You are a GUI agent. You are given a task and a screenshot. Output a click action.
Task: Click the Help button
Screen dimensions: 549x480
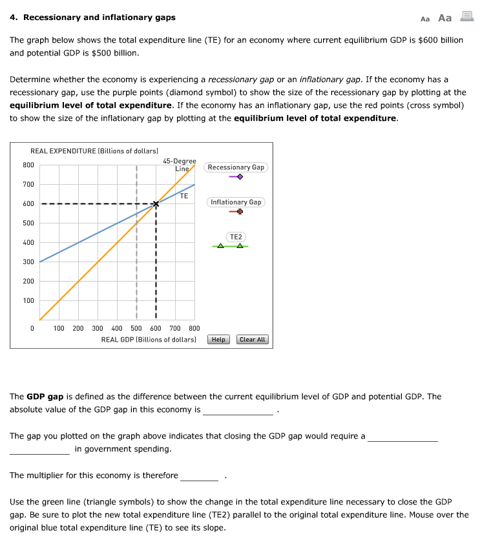click(219, 340)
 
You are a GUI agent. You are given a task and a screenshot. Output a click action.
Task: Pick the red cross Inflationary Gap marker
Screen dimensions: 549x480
click(240, 212)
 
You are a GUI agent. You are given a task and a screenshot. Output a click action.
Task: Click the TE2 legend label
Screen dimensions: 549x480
click(236, 237)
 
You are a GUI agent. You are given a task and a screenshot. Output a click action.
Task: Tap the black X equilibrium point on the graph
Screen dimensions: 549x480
click(156, 204)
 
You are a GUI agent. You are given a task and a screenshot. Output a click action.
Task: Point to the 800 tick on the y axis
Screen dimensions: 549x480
click(28, 165)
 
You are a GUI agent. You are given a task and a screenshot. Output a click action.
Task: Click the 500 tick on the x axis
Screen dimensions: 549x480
click(136, 329)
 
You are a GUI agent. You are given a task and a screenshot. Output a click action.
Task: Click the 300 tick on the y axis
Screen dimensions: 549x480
click(28, 262)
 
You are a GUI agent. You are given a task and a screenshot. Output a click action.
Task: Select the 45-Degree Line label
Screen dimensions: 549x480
click(179, 165)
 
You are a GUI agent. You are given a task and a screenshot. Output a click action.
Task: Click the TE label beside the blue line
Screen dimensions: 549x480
click(184, 195)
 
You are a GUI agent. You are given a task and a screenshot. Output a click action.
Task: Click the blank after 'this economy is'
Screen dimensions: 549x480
click(238, 410)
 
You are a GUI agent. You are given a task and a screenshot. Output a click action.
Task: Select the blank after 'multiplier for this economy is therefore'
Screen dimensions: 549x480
click(200, 476)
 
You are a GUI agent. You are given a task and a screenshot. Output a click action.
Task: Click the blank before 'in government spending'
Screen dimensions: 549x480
click(39, 449)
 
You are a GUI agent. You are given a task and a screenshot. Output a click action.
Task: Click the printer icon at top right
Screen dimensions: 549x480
click(466, 17)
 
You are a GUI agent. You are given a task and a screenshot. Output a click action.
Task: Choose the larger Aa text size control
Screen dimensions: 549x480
click(444, 17)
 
